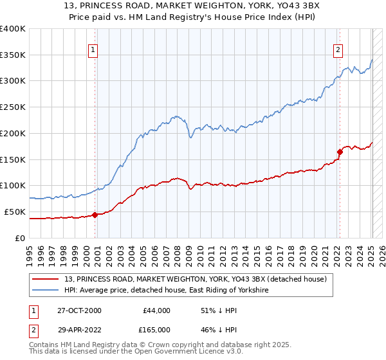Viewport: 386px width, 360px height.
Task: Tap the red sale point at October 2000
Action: pos(95,215)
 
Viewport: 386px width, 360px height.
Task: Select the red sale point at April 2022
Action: pos(339,152)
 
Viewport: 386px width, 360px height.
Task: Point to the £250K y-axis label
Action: pos(12,107)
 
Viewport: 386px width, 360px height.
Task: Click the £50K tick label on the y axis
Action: pos(15,212)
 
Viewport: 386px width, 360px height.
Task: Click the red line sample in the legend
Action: pos(46,279)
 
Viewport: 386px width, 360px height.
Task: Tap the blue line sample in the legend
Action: pos(46,291)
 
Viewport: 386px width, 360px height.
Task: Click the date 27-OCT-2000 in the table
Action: pos(78,310)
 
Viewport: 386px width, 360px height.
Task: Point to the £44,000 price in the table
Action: pos(156,310)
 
